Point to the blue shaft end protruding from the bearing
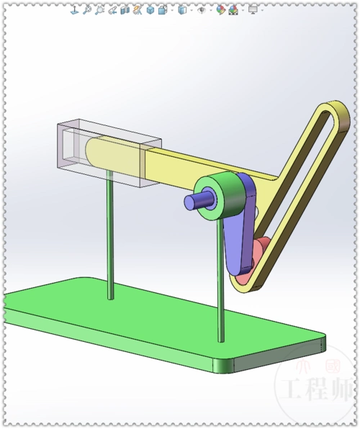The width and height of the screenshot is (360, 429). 194,201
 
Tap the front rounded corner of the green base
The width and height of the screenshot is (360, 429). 226,364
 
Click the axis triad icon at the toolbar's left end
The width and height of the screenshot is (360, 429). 73,10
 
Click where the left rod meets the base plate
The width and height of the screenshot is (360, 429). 110,297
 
